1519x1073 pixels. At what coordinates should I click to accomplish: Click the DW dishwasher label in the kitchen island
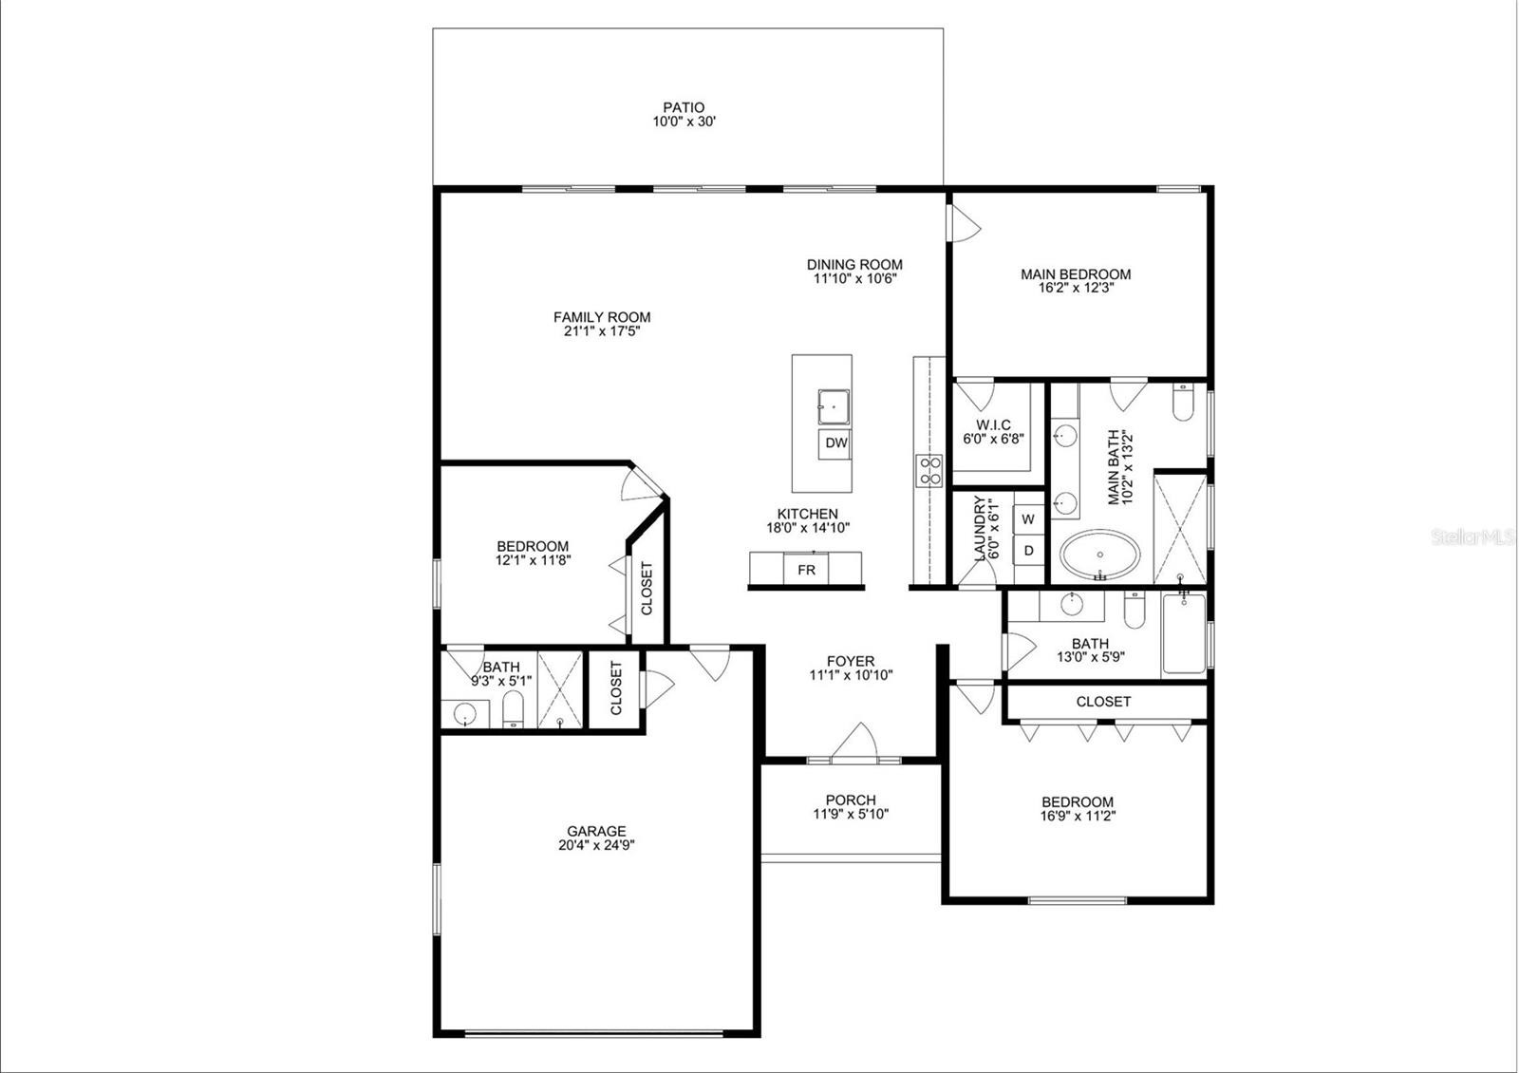click(836, 442)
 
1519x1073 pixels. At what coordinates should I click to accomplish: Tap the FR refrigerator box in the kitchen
click(806, 569)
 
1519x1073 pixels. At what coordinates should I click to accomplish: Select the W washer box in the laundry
click(1029, 519)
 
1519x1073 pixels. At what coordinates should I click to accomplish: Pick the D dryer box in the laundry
click(1029, 550)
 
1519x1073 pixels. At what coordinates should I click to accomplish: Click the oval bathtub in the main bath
click(1100, 555)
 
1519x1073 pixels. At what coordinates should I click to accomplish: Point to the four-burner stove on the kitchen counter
click(929, 470)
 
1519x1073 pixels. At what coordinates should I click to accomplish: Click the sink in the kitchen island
click(834, 407)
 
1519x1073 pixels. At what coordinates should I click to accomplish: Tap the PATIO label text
click(684, 107)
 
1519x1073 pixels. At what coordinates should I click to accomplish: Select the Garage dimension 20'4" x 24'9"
click(596, 845)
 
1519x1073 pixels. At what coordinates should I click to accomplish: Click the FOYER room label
click(851, 661)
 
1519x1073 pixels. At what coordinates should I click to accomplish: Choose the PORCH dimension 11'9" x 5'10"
click(851, 814)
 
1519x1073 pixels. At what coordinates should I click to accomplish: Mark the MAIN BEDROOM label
click(1076, 274)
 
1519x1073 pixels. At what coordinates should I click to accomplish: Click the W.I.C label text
click(993, 424)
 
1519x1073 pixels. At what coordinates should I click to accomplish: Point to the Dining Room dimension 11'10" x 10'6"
click(854, 278)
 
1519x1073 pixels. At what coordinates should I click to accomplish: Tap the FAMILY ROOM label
click(602, 317)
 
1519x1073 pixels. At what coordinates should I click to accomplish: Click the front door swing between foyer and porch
click(855, 742)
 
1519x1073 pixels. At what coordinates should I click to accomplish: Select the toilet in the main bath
click(1182, 403)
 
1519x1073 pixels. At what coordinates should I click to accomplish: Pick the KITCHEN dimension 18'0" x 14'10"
click(808, 528)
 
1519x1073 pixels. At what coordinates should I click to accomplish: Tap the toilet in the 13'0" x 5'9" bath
click(1135, 609)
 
